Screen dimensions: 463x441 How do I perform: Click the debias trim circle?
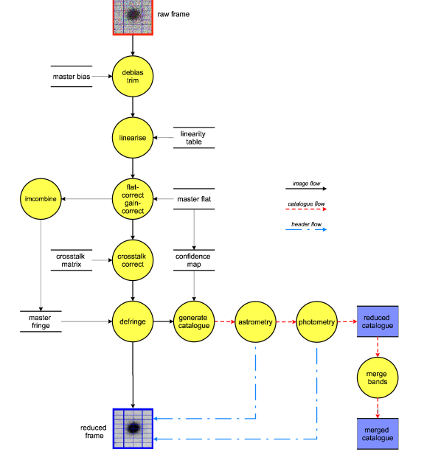133,76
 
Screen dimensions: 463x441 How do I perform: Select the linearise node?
133,138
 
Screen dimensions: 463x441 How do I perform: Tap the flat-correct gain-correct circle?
133,199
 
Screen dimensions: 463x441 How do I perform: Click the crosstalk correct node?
133,260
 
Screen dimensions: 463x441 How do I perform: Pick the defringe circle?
133,321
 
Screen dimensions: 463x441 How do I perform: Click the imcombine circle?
41,199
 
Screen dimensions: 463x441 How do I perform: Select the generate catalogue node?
194,321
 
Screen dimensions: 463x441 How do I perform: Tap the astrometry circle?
255,321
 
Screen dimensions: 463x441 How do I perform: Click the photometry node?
316,321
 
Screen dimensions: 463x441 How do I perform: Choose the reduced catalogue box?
378,321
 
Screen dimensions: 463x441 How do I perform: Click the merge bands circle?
378,377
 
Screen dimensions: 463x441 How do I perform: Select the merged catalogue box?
378,434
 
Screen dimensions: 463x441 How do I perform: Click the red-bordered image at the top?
133,15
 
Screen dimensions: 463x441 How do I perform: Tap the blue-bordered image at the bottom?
133,428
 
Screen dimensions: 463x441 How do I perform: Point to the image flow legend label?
306,184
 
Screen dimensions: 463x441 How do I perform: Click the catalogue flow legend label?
306,203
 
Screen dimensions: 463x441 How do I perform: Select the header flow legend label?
306,223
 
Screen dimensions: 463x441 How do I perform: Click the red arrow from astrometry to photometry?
286,321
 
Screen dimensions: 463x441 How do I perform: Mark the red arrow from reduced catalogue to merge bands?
378,347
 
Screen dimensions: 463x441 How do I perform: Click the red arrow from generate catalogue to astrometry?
225,321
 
